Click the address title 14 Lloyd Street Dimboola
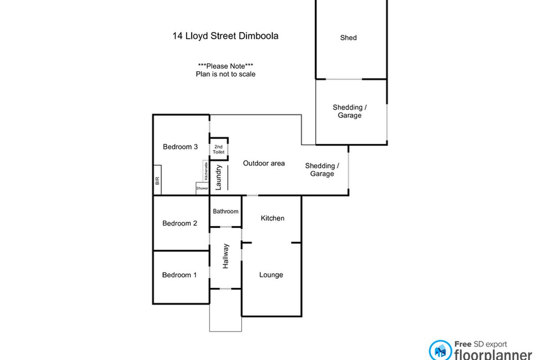(x=225, y=36)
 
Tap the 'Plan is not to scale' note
(x=225, y=74)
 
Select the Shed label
(x=348, y=38)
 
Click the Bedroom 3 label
(x=180, y=147)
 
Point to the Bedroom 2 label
(x=180, y=223)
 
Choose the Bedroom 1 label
(x=179, y=275)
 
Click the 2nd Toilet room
(x=219, y=149)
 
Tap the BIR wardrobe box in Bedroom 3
(x=157, y=181)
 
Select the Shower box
(x=202, y=188)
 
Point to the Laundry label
(x=219, y=178)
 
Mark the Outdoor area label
(x=264, y=163)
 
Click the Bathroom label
(x=225, y=211)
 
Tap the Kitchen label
(x=273, y=218)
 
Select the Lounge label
(x=271, y=275)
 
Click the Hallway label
(x=226, y=256)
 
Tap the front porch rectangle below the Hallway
(x=225, y=317)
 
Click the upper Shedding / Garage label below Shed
(x=350, y=111)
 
